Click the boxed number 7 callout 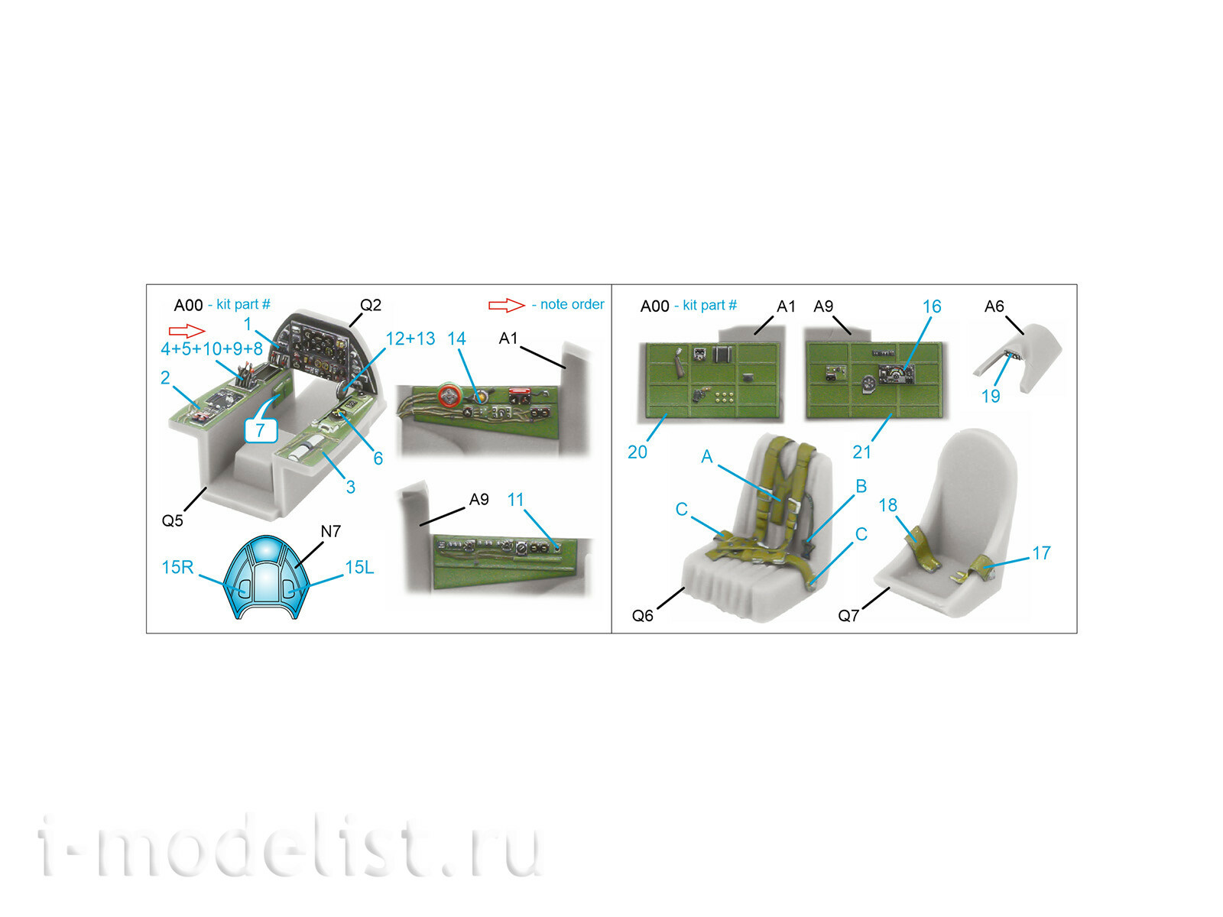coord(260,430)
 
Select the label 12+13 coord(410,339)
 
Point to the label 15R coord(177,567)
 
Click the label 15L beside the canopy coord(359,567)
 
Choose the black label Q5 coord(172,520)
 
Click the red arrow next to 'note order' coord(506,305)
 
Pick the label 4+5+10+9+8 coord(211,349)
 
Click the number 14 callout coord(456,339)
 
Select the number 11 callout coord(516,500)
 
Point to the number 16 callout coord(932,306)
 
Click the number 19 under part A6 coord(991,396)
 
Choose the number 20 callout coord(637,452)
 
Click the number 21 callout coord(862,452)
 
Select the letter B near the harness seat coord(861,486)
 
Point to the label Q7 coord(848,616)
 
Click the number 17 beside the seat coord(1041,552)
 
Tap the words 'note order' coord(572,304)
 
